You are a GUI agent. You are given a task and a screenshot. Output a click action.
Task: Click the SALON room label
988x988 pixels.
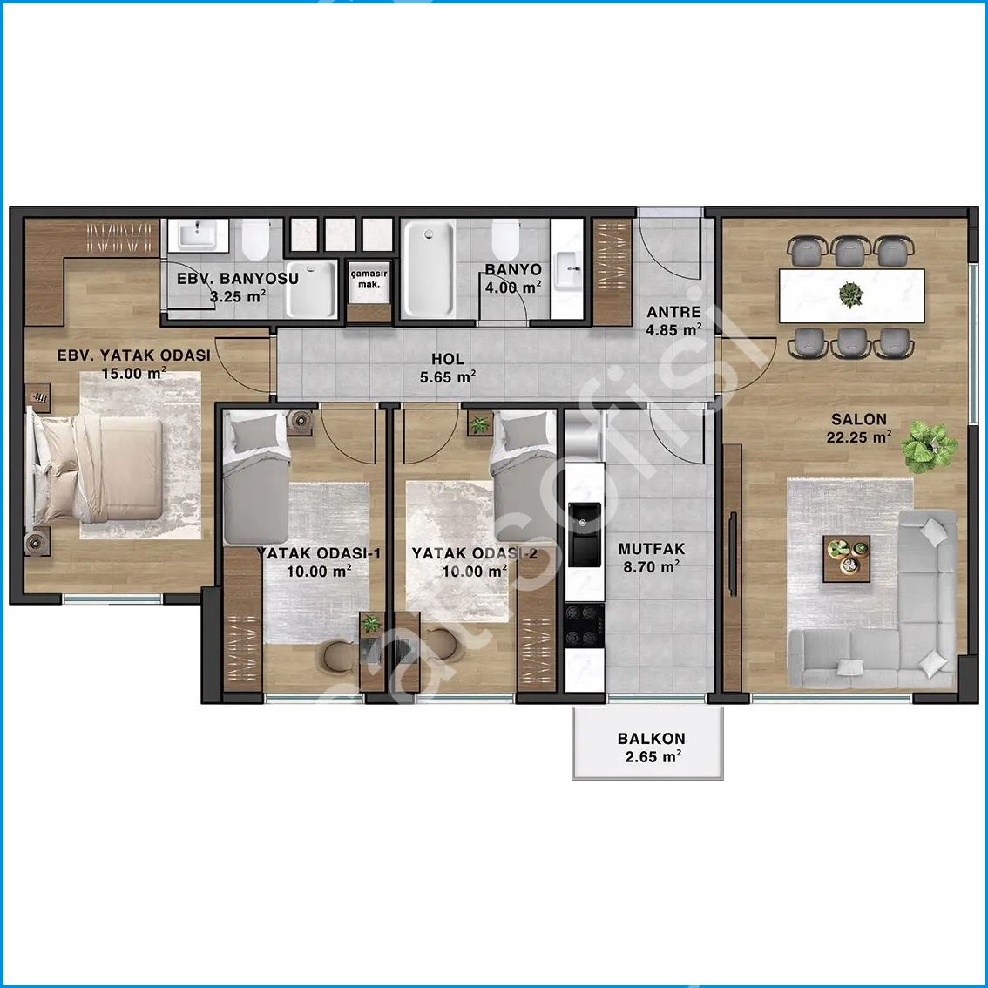pos(859,419)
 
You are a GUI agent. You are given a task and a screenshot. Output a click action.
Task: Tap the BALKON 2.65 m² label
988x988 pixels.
pos(652,748)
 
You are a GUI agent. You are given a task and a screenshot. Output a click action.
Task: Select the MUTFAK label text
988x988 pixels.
pos(652,549)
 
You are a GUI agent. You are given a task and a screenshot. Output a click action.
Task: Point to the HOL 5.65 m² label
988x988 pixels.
pos(448,368)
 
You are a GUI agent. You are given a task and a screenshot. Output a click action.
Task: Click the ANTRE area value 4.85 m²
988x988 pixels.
pos(674,329)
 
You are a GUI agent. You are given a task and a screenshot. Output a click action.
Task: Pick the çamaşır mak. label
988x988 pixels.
pos(369,279)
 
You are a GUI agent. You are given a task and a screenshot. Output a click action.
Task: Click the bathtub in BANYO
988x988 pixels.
pos(429,268)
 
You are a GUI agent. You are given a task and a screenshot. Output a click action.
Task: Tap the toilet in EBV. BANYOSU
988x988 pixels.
pos(255,240)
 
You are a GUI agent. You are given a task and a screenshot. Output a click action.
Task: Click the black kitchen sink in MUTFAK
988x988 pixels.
pos(585,534)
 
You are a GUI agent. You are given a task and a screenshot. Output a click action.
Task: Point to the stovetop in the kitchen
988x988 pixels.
pos(585,626)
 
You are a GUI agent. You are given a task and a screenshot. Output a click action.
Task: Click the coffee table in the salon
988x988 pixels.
pos(847,558)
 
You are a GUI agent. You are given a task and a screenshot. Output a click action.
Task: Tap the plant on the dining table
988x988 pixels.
pos(850,294)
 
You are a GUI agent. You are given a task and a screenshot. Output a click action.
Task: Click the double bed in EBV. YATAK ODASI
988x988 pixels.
pos(94,470)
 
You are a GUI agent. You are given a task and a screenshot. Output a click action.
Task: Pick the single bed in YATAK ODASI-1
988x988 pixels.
pos(256,477)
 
